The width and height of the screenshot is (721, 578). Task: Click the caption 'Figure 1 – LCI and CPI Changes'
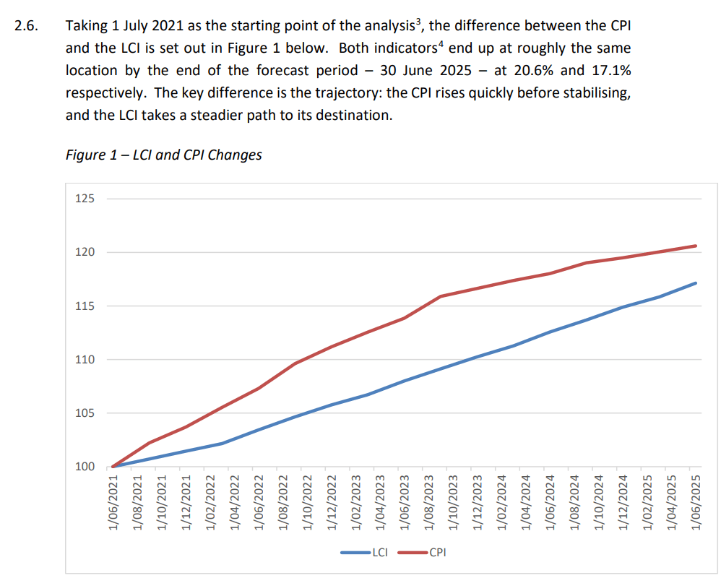click(163, 155)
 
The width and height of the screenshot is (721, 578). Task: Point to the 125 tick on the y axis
click(85, 199)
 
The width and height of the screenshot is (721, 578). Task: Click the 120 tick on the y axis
click(85, 252)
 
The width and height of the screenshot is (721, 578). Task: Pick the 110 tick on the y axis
click(85, 359)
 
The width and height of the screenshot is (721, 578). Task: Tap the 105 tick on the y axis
click(85, 413)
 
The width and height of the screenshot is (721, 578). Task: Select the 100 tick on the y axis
click(85, 467)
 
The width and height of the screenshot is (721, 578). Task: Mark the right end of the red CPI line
click(696, 246)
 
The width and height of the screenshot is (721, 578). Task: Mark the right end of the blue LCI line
click(696, 283)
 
